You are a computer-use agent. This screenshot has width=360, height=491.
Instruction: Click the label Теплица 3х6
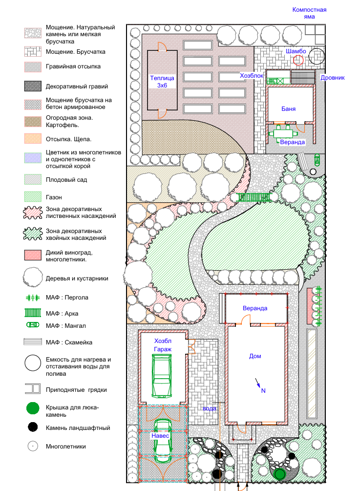[x=162, y=82]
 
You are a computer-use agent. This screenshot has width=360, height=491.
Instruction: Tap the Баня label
[x=288, y=108]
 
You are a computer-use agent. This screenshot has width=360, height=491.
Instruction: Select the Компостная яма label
[x=309, y=13]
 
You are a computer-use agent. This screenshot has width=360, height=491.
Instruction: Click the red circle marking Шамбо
[x=298, y=60]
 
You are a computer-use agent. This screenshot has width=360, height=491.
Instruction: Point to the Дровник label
[x=333, y=78]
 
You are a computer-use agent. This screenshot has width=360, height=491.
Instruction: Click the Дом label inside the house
[x=255, y=356]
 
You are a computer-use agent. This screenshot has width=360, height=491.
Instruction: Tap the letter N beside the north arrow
[x=263, y=390]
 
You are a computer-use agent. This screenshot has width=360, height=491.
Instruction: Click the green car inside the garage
[x=162, y=375]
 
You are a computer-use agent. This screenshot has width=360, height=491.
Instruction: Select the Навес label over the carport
[x=160, y=436]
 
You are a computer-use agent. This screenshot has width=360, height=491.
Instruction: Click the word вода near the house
[x=210, y=408]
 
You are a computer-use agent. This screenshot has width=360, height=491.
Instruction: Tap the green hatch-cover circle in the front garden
[x=279, y=474]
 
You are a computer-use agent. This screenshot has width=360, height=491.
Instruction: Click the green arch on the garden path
[x=254, y=197]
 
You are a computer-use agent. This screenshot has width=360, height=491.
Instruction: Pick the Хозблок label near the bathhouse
[x=252, y=75]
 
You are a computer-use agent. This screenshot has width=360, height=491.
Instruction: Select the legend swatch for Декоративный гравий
[x=33, y=86]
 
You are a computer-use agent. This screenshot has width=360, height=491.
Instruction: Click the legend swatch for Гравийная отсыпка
[x=33, y=67]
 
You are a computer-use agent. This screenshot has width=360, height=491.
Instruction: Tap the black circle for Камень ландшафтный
[x=33, y=427]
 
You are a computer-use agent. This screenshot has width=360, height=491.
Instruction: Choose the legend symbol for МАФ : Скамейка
[x=33, y=342]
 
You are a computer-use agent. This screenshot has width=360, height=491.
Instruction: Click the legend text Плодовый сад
[x=66, y=180]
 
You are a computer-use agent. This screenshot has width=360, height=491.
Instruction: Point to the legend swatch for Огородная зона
[x=33, y=122]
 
